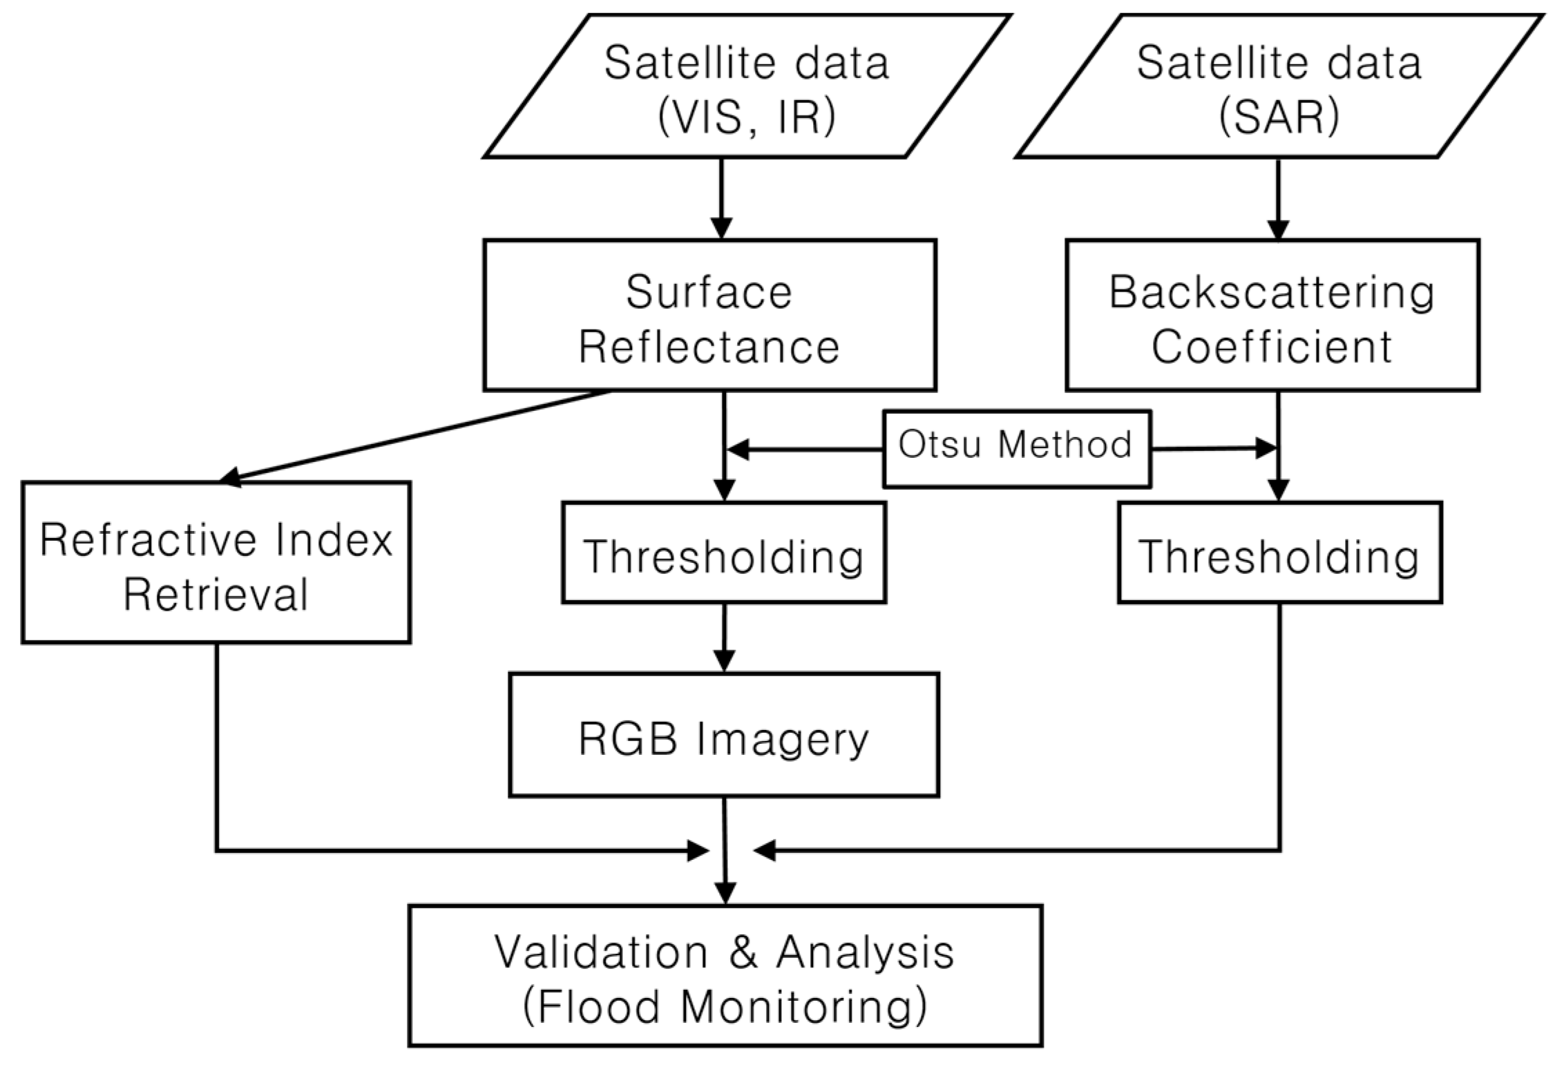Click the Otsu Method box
point(1015,450)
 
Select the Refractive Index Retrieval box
point(216,562)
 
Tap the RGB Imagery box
point(723,735)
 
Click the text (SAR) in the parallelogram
point(1279,117)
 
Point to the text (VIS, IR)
point(747,117)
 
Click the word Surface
point(709,292)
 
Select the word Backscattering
point(1272,292)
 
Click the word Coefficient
point(1271,347)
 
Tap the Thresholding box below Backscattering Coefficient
point(1279,553)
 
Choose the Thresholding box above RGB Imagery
point(723,553)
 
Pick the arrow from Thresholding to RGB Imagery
point(723,637)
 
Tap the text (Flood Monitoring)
point(725,1007)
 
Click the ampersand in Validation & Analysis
point(743,952)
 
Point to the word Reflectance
point(709,347)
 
